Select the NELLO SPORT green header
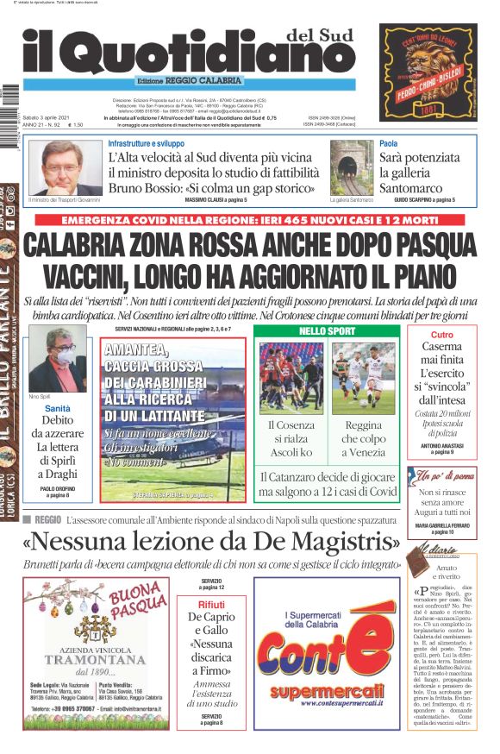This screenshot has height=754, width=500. pos(328,331)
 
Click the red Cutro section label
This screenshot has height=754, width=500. pos(441,335)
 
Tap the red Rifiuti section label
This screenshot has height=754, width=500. pos(211,604)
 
